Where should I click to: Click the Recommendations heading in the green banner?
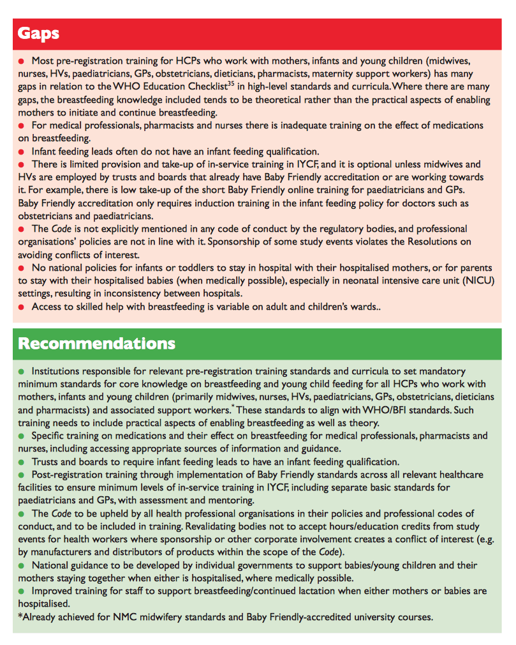pyautogui.click(x=96, y=344)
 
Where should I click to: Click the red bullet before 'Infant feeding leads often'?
pyautogui.click(x=21, y=152)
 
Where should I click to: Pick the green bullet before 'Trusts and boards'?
pyautogui.click(x=21, y=462)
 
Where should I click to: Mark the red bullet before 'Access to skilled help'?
pyautogui.click(x=21, y=307)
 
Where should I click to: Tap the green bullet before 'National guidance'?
pyautogui.click(x=21, y=566)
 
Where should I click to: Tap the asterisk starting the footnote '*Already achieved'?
pyautogui.click(x=20, y=618)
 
